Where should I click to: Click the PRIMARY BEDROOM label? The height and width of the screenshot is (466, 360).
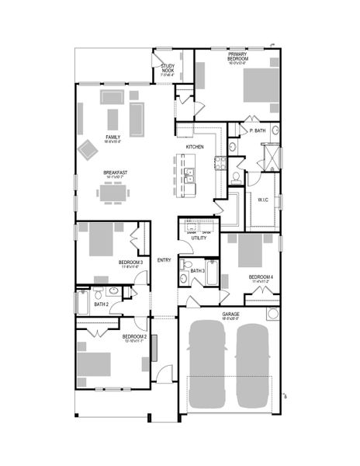237,57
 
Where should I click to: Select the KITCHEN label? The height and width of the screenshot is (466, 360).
195,147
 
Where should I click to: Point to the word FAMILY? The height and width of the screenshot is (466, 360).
112,137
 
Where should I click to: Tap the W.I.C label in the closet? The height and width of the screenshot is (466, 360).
263,200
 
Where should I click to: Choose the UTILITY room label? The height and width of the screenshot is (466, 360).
199,238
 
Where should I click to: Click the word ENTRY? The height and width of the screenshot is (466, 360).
164,260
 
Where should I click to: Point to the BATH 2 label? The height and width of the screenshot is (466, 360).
101,304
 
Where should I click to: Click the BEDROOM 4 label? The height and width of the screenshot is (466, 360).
261,276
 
